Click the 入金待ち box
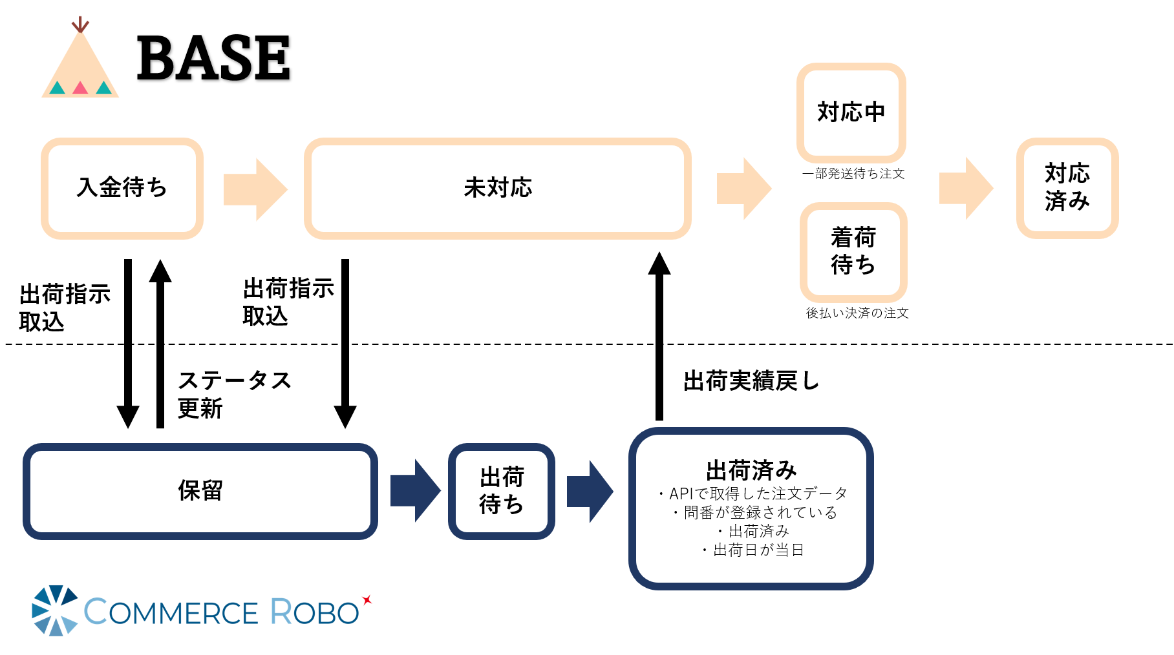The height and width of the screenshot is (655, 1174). click(x=122, y=188)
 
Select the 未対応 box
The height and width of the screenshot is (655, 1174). click(x=497, y=188)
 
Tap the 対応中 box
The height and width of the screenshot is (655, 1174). click(x=851, y=112)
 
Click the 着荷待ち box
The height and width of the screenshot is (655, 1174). click(x=853, y=251)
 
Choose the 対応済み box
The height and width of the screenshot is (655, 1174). click(x=1067, y=188)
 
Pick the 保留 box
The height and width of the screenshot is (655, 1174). click(x=200, y=491)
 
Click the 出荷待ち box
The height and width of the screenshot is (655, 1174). click(x=501, y=491)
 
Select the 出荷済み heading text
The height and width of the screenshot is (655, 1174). click(x=751, y=470)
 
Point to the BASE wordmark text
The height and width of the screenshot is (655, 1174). click(x=213, y=59)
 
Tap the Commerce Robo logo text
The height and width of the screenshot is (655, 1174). click(x=221, y=612)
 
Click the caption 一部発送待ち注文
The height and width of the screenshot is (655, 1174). click(x=853, y=174)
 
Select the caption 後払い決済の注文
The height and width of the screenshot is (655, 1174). click(x=857, y=313)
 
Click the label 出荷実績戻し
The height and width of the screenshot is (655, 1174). click(x=751, y=381)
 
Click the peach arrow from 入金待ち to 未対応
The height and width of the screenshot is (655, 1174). click(x=255, y=189)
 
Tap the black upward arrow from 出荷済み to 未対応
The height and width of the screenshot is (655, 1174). click(x=659, y=336)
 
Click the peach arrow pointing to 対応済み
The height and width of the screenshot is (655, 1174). click(x=965, y=188)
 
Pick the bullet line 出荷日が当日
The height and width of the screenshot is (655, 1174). click(x=753, y=550)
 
